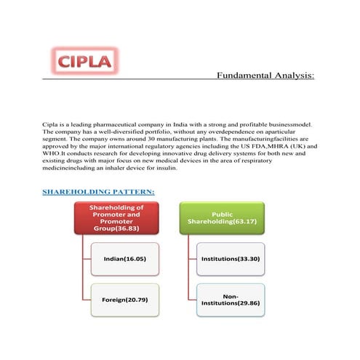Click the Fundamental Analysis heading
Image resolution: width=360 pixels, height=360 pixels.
tap(265, 75)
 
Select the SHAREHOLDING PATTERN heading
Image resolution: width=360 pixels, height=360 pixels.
tap(98, 192)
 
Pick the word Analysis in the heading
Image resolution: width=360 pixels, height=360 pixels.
tap(291, 75)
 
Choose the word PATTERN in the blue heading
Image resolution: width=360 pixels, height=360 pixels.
tap(132, 192)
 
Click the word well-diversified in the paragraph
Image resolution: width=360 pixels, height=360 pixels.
tap(121, 135)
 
